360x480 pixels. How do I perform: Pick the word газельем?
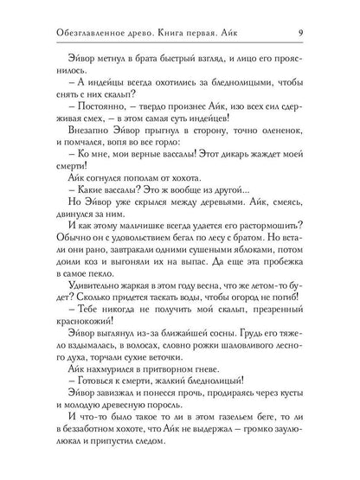coord(228,440)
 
